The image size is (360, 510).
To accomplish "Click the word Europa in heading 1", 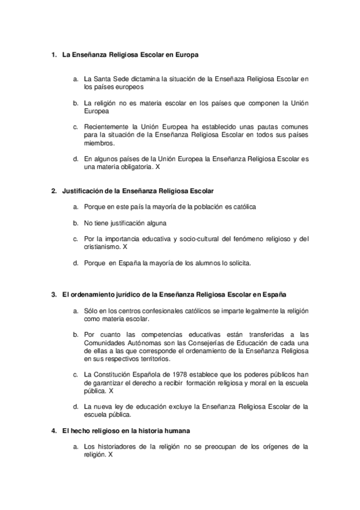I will click(x=187, y=54).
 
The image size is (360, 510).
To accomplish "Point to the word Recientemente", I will click(x=106, y=127).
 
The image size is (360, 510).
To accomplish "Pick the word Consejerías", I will click(x=195, y=343).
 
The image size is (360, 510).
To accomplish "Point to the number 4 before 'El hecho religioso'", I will click(x=53, y=431).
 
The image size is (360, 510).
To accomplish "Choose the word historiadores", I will click(x=119, y=447).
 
